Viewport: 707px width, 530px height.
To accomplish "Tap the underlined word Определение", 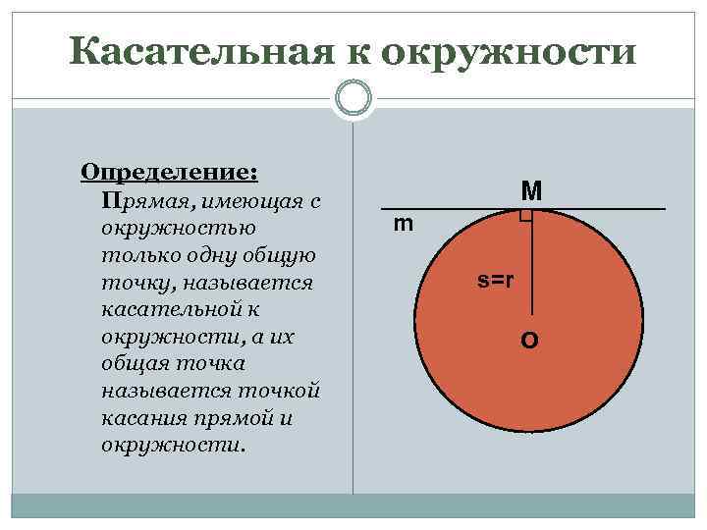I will [169, 172].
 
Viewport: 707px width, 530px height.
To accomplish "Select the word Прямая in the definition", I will [143, 201].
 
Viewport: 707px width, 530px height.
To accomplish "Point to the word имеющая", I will [246, 201].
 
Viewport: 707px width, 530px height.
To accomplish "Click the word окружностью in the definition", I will [179, 228].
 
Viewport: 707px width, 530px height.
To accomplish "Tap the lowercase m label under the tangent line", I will [404, 225].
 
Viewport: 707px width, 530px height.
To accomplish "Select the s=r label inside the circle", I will [496, 280].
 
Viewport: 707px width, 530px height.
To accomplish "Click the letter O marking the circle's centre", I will [529, 341].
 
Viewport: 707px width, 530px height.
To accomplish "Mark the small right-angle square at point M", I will [526, 216].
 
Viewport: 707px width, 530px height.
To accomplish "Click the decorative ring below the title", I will [353, 98].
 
